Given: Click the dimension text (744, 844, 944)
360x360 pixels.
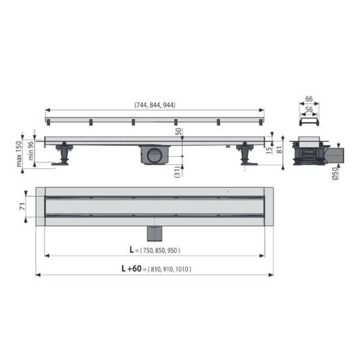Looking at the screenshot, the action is pyautogui.click(x=155, y=105).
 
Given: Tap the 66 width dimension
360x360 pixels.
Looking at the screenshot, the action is pyautogui.click(x=308, y=99).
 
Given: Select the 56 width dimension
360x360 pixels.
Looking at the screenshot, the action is pyautogui.click(x=309, y=110).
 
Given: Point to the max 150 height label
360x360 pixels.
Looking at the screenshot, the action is pyautogui.click(x=19, y=154).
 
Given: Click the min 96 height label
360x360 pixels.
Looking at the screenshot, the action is pyautogui.click(x=31, y=151).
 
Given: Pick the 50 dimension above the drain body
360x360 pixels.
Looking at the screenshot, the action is pyautogui.click(x=179, y=132).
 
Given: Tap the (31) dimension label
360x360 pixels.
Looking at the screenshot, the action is pyautogui.click(x=177, y=172).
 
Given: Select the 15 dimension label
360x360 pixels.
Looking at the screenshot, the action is pyautogui.click(x=269, y=150).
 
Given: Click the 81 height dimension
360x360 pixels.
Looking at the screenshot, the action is pyautogui.click(x=280, y=150).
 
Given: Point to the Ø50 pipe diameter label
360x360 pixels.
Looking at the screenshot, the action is pyautogui.click(x=335, y=173).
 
